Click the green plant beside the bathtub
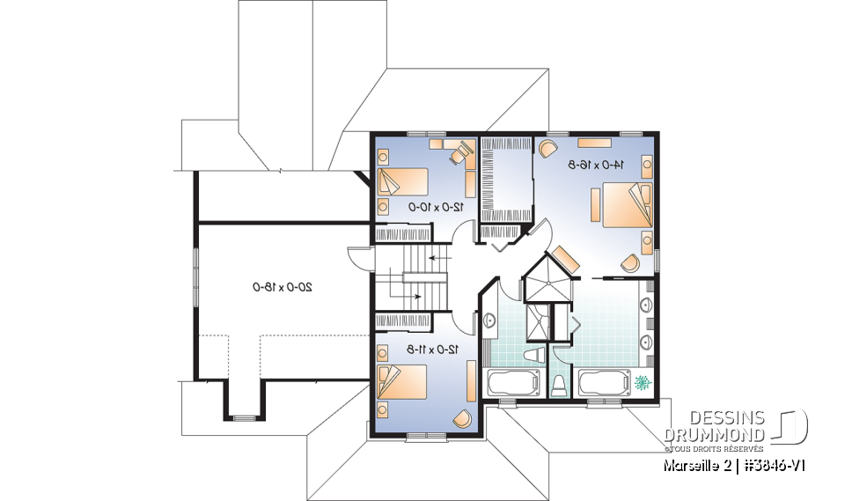tap(642, 382)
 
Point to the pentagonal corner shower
tap(546, 280)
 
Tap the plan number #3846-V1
tap(775, 463)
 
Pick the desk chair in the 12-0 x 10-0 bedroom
tap(457, 154)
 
